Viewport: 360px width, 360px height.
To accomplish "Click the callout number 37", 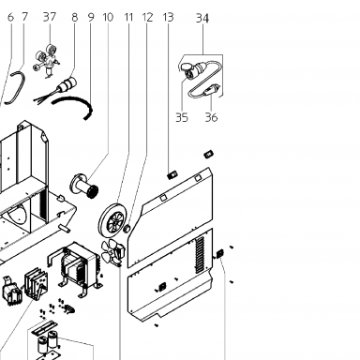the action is coord(50,17).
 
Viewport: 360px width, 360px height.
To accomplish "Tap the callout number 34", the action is coord(202,19).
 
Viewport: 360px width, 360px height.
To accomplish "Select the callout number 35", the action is coord(182,118).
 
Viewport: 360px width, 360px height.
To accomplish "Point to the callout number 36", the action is coord(211,118).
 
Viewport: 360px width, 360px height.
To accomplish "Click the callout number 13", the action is coord(168,17).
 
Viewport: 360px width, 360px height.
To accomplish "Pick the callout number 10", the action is coord(108,17).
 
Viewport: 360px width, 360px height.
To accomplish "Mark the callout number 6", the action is coord(10,17).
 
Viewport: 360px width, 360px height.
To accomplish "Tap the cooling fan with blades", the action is coord(113,252).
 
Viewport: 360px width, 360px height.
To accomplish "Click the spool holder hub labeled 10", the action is coord(83,186).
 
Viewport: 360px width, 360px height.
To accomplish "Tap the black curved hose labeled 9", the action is coord(73,107).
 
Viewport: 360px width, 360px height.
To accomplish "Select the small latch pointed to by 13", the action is coord(172,175).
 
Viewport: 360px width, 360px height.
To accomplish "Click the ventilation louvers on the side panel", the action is coord(200,255).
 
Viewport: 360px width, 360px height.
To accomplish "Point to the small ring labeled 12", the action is coord(127,229).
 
